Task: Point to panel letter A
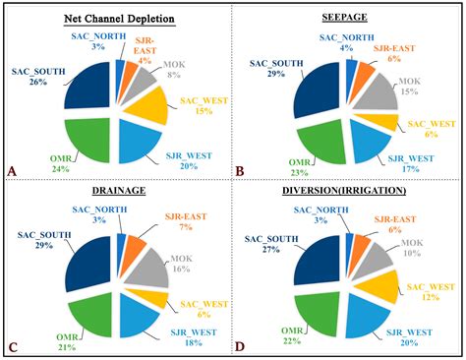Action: coord(12,170)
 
